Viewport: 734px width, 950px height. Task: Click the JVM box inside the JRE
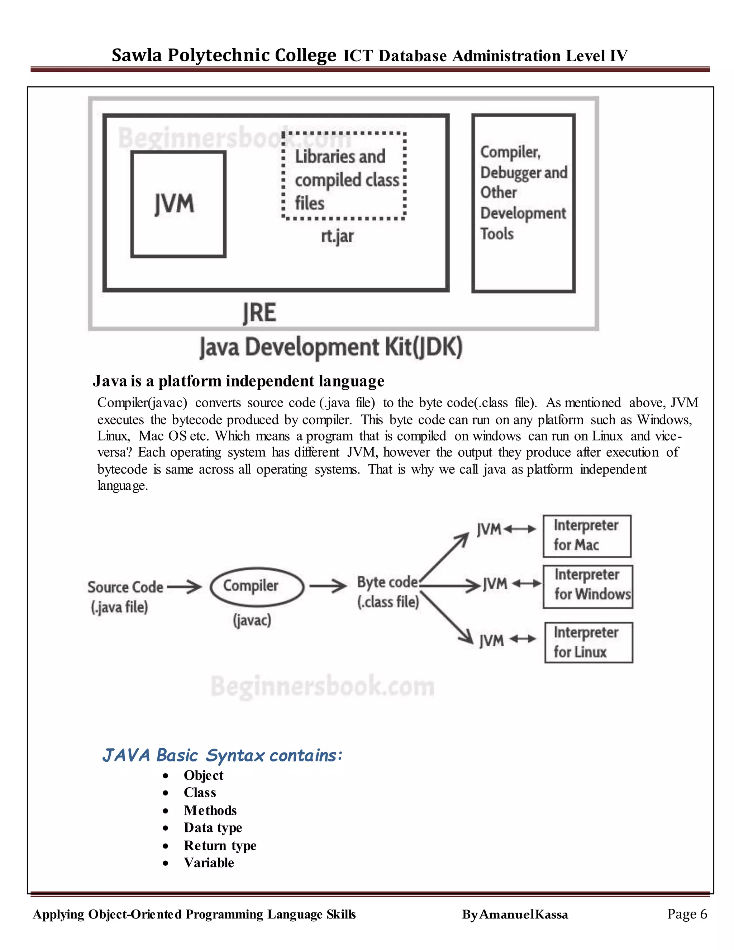pos(178,204)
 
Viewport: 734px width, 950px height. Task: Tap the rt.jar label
pos(337,236)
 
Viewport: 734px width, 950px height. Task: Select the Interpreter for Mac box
pos(587,536)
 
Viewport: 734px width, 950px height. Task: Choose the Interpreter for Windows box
pos(588,586)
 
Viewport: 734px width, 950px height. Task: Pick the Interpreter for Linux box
pos(588,642)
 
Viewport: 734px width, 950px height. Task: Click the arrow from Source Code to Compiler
pos(184,587)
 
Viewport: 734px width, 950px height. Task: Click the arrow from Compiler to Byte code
pos(328,586)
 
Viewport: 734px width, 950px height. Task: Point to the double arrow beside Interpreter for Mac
pos(520,529)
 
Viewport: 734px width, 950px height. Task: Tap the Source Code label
pos(125,587)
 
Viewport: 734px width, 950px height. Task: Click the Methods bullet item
pos(210,811)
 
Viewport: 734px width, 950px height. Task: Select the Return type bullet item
pos(220,845)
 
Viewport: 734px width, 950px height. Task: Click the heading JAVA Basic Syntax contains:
pos(222,756)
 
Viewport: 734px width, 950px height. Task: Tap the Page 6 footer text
pos(687,914)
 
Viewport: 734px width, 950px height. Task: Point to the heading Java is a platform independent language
pos(238,381)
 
